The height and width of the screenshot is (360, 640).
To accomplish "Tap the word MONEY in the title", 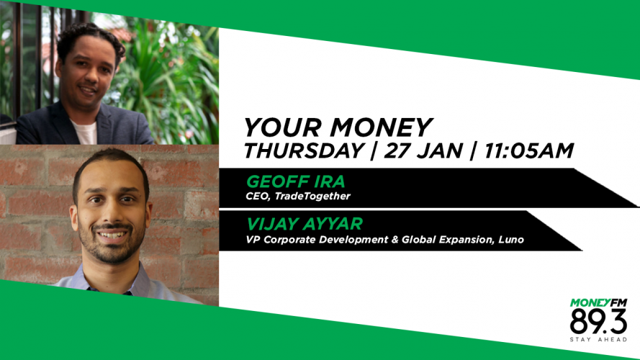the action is pyautogui.click(x=382, y=127).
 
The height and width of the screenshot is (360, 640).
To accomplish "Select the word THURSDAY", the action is pyautogui.click(x=304, y=150).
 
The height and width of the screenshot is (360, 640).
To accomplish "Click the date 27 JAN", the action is pyautogui.click(x=423, y=150).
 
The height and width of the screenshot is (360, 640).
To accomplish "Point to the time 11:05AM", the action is pyautogui.click(x=529, y=150).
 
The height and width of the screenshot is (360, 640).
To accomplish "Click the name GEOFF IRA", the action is pyautogui.click(x=295, y=181).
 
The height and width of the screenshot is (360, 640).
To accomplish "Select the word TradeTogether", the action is pyautogui.click(x=312, y=197).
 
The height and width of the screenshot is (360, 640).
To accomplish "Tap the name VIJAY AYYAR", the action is pyautogui.click(x=305, y=224).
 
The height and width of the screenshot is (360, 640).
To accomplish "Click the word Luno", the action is pyautogui.click(x=511, y=240).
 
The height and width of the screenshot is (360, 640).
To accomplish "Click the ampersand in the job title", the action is pyautogui.click(x=395, y=240).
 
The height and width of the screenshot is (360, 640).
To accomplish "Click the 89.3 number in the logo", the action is pyautogui.click(x=598, y=322).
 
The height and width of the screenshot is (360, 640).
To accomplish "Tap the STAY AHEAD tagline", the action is pyautogui.click(x=598, y=340).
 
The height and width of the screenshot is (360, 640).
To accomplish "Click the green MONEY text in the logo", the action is pyautogui.click(x=585, y=303).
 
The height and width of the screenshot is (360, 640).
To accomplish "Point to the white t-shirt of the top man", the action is pyautogui.click(x=84, y=132).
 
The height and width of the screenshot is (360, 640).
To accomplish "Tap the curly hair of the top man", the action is pyautogui.click(x=91, y=39).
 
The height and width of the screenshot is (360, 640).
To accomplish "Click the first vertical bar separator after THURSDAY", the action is pyautogui.click(x=374, y=151).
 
